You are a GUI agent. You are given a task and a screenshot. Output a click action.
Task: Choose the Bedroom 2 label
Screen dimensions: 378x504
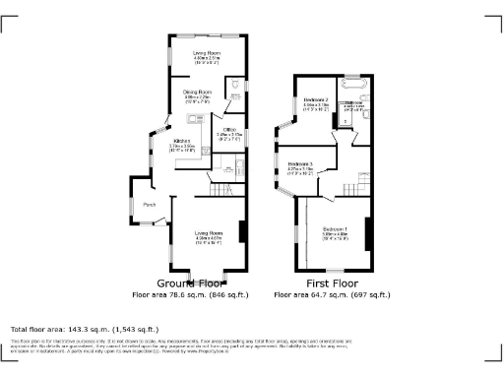click(316, 99)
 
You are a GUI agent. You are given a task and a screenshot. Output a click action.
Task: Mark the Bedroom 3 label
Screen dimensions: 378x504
click(300, 163)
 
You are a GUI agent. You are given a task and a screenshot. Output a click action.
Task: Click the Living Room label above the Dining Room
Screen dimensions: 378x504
click(206, 52)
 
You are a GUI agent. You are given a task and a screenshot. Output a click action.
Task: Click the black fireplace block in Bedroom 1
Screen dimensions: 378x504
click(368, 232)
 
